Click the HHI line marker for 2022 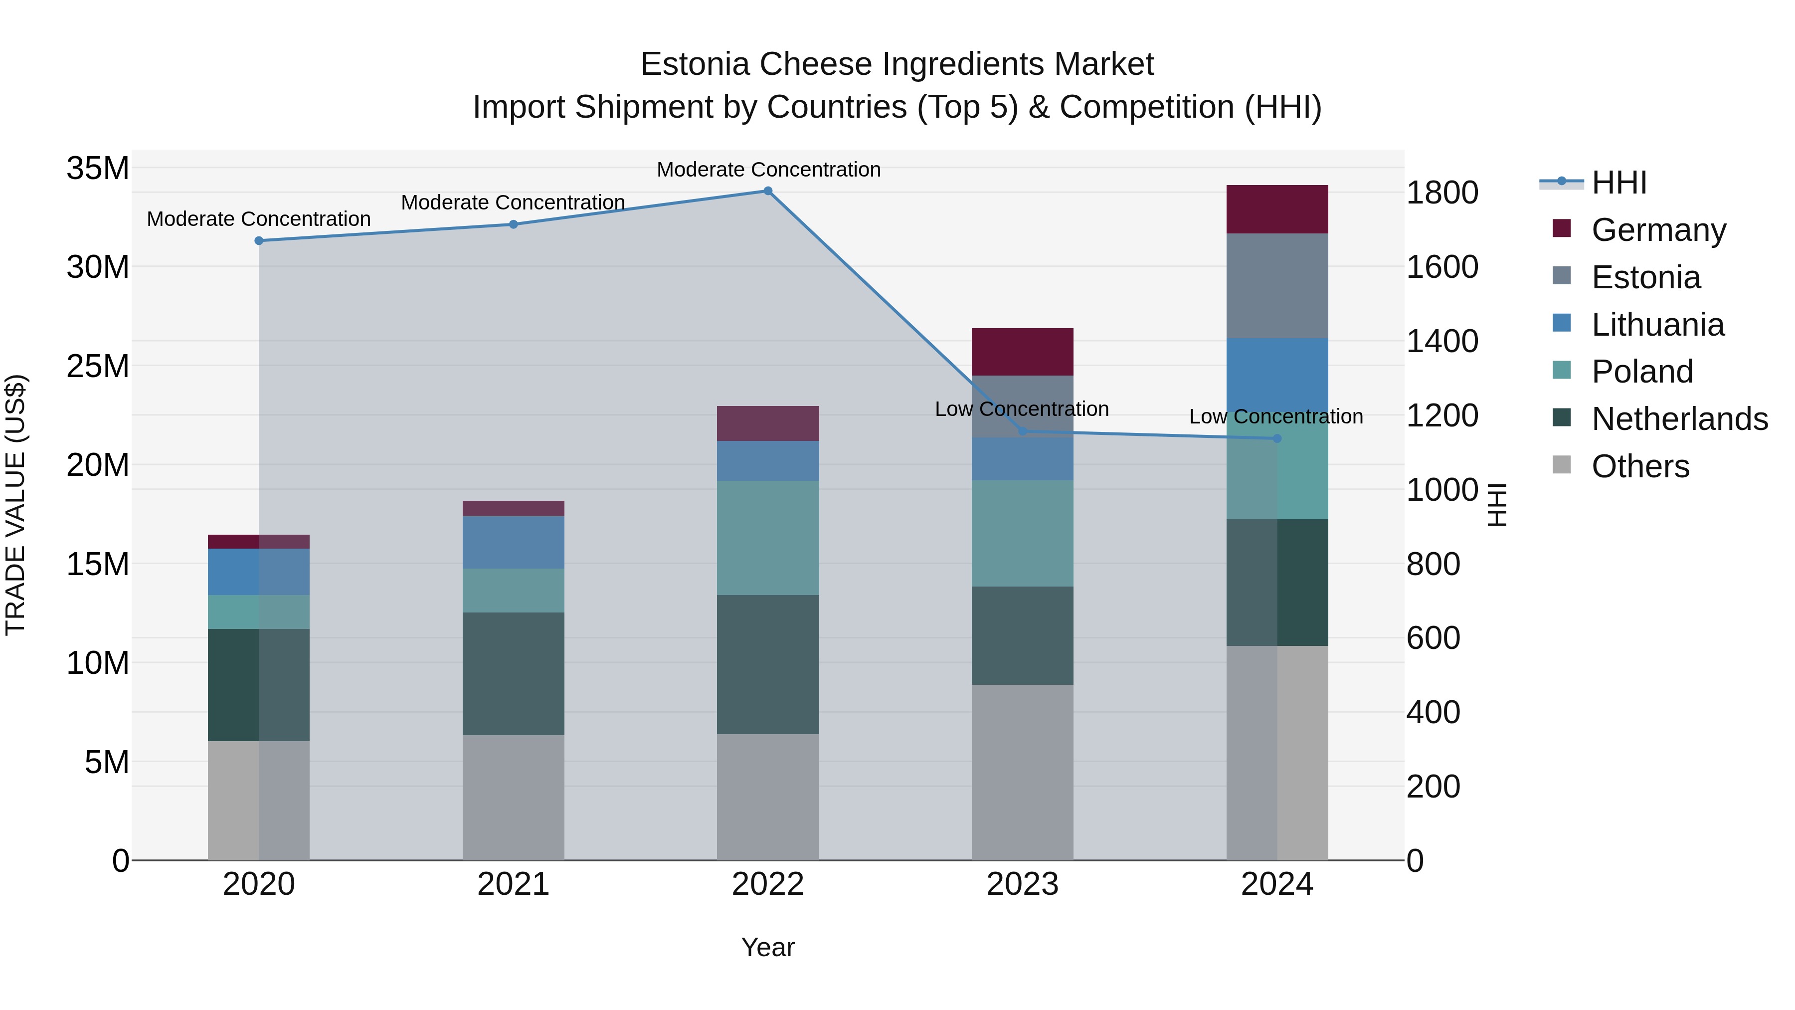768,191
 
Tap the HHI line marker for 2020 258,240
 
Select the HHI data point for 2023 1022,431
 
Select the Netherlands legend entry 1679,419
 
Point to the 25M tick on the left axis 98,366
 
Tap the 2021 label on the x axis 513,884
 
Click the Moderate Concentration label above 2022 768,170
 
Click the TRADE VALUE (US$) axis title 15,505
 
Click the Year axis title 768,947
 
